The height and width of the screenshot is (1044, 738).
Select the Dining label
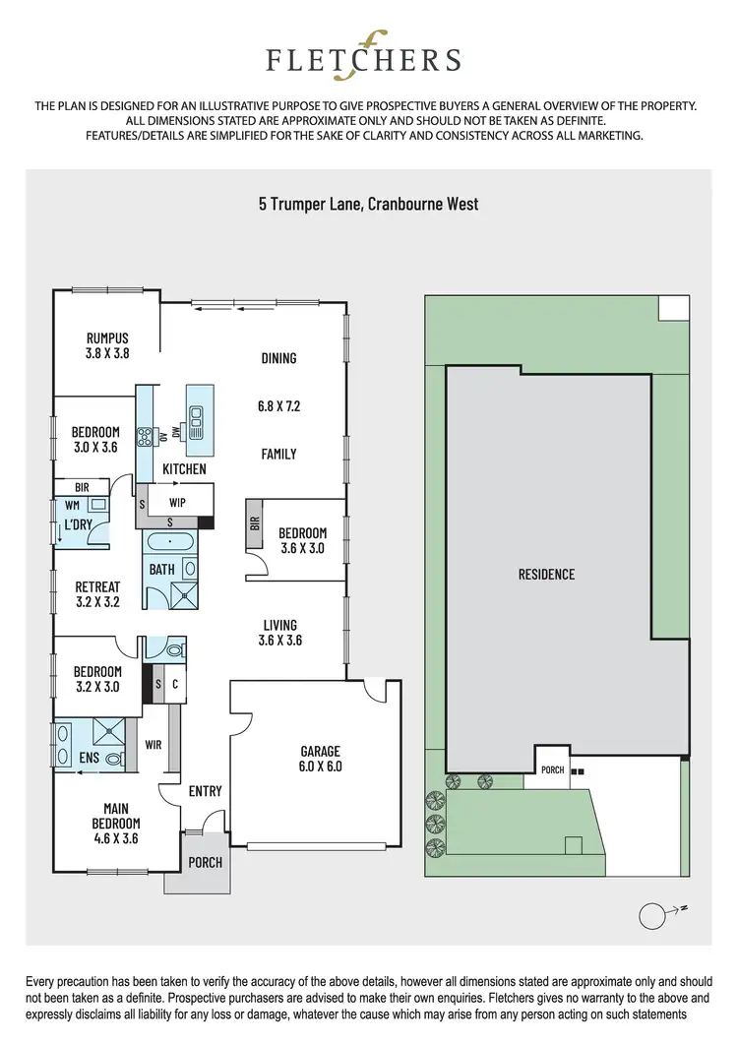[x=278, y=358]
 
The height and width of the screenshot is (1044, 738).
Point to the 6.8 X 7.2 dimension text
[x=278, y=405]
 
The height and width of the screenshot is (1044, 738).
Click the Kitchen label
[x=184, y=469]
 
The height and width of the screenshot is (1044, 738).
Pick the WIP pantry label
[x=177, y=502]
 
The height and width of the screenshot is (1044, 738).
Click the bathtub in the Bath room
[x=172, y=541]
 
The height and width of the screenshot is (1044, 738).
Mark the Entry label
[x=205, y=791]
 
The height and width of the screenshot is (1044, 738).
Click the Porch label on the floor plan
[x=205, y=863]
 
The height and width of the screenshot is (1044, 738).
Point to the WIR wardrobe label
[x=153, y=745]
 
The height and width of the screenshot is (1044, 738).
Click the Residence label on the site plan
[x=546, y=575]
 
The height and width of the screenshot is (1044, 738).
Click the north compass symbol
[x=652, y=916]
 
